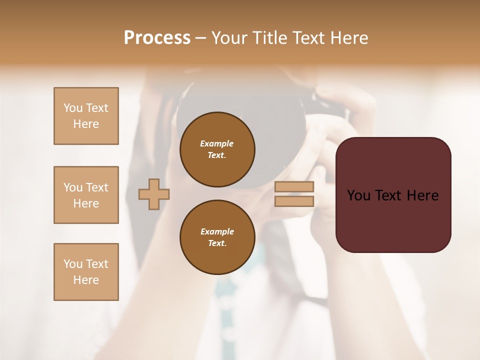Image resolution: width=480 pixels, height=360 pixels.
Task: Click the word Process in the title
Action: pyautogui.click(x=157, y=38)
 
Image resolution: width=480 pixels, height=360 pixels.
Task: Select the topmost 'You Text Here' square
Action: pyautogui.click(x=86, y=116)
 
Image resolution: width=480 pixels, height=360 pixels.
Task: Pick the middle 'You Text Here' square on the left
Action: pyautogui.click(x=86, y=195)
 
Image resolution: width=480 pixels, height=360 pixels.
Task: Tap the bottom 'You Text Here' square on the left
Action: pyautogui.click(x=86, y=272)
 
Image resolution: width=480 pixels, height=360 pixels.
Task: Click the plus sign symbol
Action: pyautogui.click(x=154, y=194)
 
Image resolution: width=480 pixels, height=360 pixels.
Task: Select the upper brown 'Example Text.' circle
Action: pyautogui.click(x=217, y=149)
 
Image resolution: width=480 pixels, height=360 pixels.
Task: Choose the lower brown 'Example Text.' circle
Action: pyautogui.click(x=217, y=237)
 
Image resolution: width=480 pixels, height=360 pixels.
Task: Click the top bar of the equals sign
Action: pyautogui.click(x=294, y=187)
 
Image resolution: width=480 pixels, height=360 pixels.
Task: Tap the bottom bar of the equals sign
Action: pyautogui.click(x=294, y=201)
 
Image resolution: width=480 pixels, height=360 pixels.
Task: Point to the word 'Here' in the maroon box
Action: pyautogui.click(x=422, y=195)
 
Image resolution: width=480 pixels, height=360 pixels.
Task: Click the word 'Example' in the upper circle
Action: pyautogui.click(x=217, y=143)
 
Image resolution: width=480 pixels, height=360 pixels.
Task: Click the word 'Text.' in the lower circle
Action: pyautogui.click(x=217, y=243)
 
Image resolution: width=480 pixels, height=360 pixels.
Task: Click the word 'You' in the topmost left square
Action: pyautogui.click(x=73, y=108)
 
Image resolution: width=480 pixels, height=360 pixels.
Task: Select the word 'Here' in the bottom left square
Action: pyautogui.click(x=86, y=280)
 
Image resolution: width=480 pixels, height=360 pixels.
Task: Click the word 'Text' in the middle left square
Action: pyautogui.click(x=97, y=187)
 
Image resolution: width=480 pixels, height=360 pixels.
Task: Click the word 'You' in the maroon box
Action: pyautogui.click(x=358, y=195)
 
